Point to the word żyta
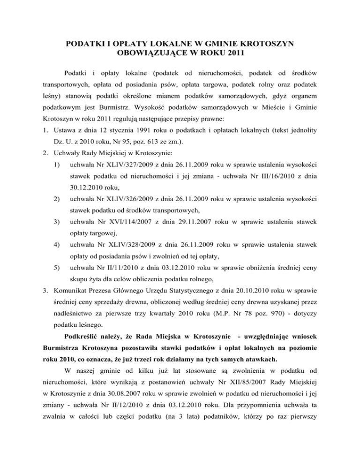(x=94, y=304)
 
